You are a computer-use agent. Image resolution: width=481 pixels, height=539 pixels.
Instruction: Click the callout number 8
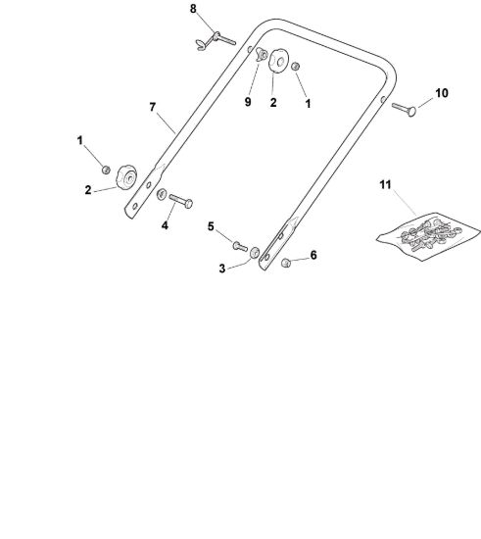(x=193, y=9)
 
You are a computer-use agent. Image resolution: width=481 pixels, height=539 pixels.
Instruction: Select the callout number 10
(x=442, y=93)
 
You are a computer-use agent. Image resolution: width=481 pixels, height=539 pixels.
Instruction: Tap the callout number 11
(x=385, y=184)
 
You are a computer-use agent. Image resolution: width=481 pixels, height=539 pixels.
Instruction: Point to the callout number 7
(x=153, y=107)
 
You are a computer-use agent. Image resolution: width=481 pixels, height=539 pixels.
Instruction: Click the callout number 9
(x=248, y=102)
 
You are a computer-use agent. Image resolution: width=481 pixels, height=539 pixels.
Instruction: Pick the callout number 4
(x=165, y=225)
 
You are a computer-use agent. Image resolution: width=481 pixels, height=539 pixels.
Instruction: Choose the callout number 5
(x=211, y=226)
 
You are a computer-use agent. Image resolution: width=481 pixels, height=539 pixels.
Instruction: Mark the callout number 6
(x=313, y=255)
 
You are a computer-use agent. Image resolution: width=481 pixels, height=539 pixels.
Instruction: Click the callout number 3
(x=222, y=269)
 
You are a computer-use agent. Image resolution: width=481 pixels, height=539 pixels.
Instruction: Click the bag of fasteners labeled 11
(x=428, y=236)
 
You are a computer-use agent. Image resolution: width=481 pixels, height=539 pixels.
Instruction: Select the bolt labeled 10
(x=404, y=110)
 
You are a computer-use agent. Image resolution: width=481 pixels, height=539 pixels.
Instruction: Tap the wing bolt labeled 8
(x=216, y=40)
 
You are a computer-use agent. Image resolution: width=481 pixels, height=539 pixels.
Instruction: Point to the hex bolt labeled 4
(x=180, y=201)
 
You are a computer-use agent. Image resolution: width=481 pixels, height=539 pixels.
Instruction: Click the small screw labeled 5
(x=240, y=246)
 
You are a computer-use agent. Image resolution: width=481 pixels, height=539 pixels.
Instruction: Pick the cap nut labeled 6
(x=286, y=263)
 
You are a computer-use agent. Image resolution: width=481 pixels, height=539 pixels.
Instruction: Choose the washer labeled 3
(x=255, y=252)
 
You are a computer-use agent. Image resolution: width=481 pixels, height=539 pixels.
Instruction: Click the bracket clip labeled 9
(x=262, y=55)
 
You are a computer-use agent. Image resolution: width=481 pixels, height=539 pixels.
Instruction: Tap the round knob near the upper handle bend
(x=277, y=61)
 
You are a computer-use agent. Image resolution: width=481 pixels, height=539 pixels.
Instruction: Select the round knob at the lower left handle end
(x=126, y=177)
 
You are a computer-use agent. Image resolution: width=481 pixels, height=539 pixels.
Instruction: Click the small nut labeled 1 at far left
(x=106, y=170)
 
